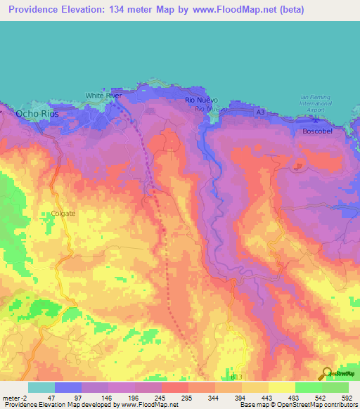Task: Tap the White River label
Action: click(99, 95)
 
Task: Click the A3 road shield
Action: click(261, 112)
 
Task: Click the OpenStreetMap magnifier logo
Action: click(326, 374)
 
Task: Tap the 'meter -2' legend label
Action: click(15, 398)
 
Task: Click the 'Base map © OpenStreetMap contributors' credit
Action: click(297, 405)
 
